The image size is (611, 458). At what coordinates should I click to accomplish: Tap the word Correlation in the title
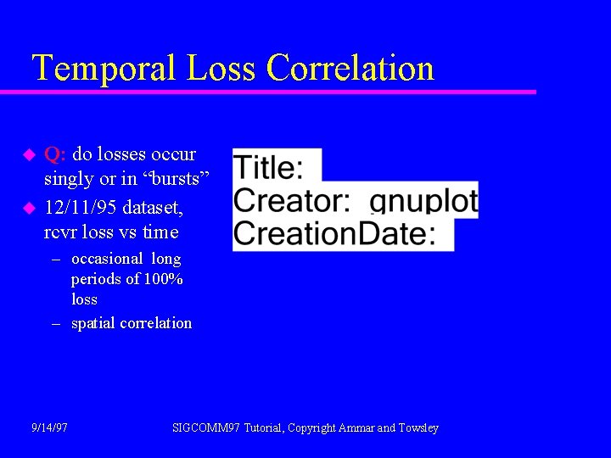click(350, 68)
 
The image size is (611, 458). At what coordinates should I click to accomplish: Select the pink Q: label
click(56, 154)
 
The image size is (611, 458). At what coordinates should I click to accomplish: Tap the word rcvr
click(61, 232)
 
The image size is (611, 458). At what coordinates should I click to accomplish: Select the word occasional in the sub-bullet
click(107, 259)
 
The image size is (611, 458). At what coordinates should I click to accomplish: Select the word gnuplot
click(424, 202)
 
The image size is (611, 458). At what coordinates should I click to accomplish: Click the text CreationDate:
click(334, 233)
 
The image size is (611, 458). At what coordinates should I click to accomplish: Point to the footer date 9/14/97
click(49, 428)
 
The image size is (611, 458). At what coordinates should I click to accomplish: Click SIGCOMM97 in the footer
click(206, 428)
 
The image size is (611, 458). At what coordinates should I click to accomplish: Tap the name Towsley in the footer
click(419, 428)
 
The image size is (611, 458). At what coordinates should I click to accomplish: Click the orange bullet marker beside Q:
click(27, 155)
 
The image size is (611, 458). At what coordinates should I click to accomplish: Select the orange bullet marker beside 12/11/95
click(27, 207)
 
